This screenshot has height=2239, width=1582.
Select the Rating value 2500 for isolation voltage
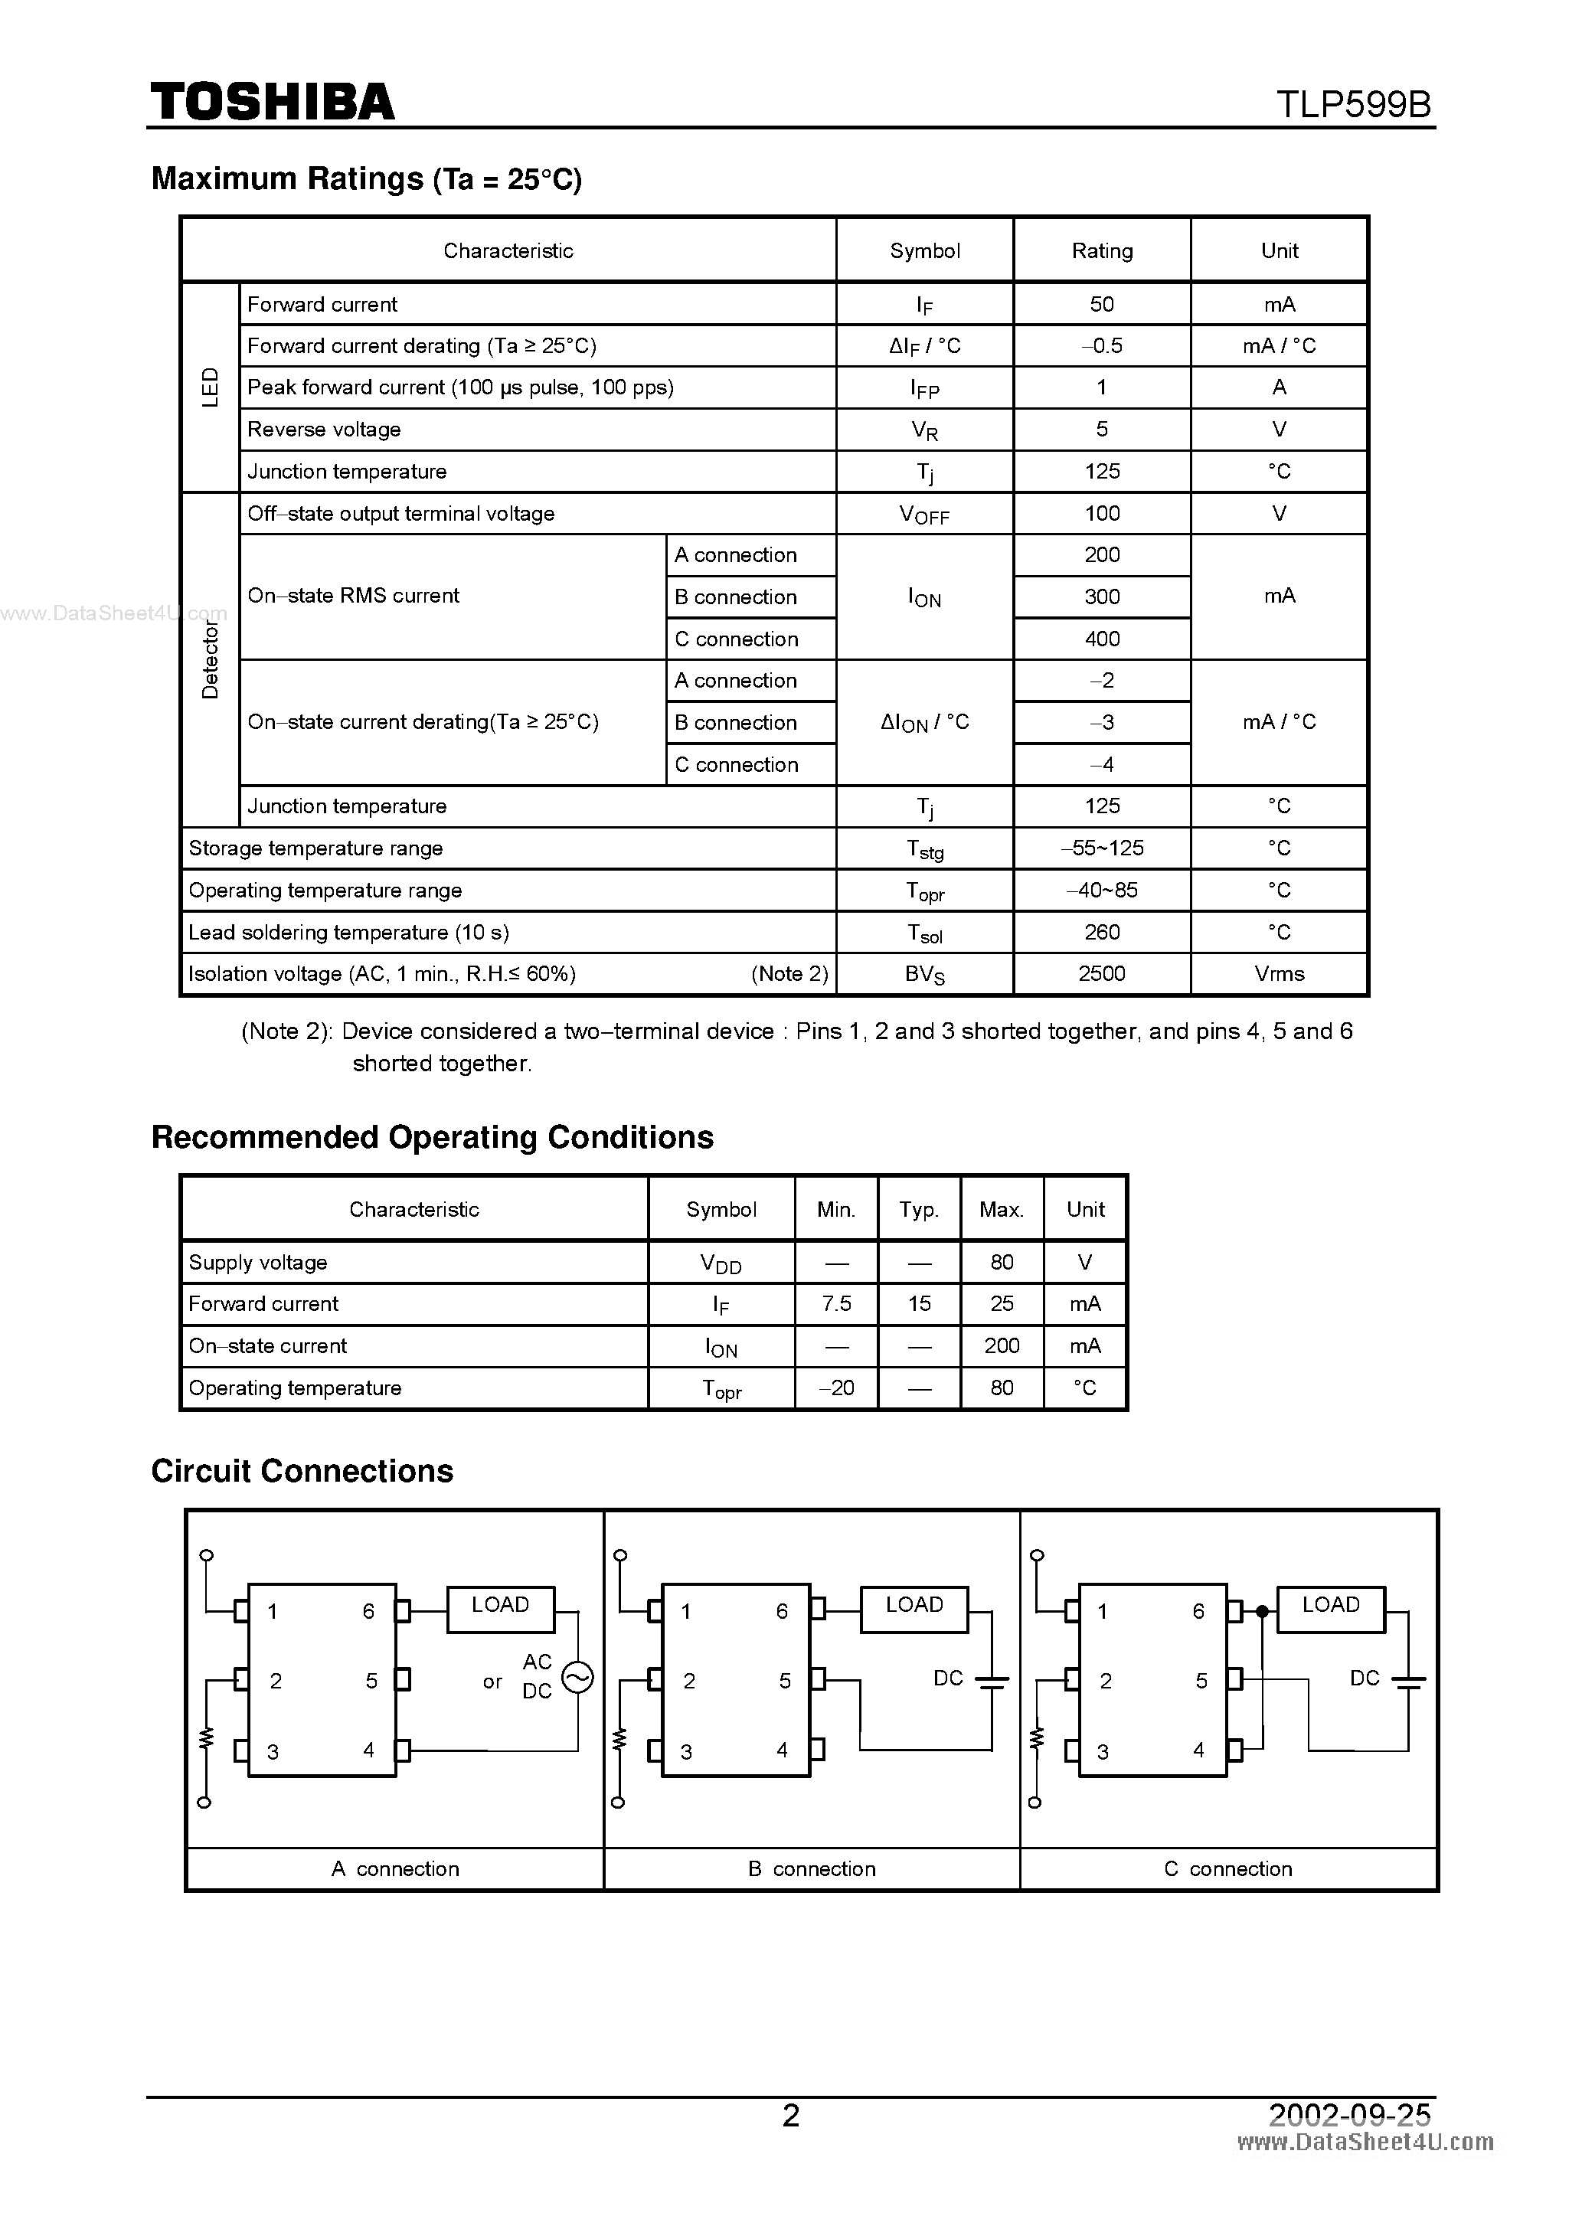tap(1101, 974)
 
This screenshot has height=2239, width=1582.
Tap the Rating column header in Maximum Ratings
tap(1101, 250)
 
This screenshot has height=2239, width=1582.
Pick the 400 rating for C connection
tap(1101, 639)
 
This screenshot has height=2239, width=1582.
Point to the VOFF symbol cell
tap(923, 514)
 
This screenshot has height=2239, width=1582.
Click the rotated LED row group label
tap(210, 387)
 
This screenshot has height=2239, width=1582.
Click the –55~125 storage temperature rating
tap(1101, 848)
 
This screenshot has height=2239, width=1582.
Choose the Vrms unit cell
tap(1279, 974)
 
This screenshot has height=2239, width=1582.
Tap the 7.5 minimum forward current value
tap(836, 1304)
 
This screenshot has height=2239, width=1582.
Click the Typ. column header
tap(919, 1210)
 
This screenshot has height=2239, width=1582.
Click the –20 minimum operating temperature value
tap(836, 1388)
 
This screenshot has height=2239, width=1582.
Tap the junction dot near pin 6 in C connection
tap(1262, 1611)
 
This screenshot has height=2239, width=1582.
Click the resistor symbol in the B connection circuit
tap(620, 1739)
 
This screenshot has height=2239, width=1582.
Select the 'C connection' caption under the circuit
tap(1228, 1868)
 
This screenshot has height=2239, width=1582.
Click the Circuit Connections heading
tap(302, 1470)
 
